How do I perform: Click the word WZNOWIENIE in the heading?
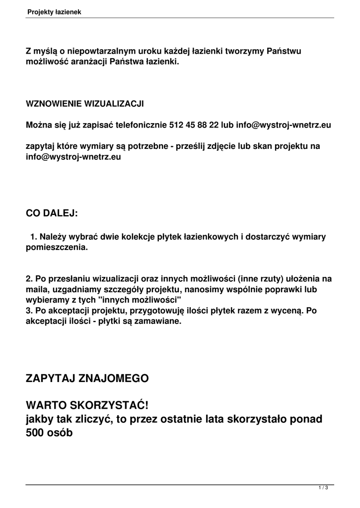(54, 104)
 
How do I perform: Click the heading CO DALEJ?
(52, 213)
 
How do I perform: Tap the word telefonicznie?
(141, 126)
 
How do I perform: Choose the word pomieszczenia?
(56, 247)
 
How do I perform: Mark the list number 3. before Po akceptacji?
(29, 311)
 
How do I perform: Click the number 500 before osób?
(36, 432)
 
